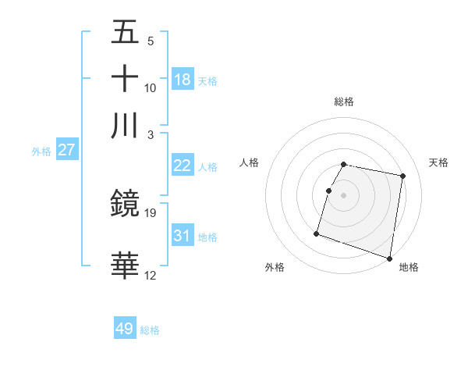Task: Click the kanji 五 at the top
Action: (126, 32)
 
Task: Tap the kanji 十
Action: (126, 79)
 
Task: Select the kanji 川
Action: (126, 126)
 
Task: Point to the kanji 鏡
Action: (126, 204)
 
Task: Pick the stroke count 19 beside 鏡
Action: (151, 212)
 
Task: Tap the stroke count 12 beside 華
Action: (151, 275)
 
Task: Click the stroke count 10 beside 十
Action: (151, 87)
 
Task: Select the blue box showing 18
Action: (183, 79)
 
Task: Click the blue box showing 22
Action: (183, 165)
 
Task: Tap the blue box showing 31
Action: (183, 235)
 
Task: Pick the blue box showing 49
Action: (125, 329)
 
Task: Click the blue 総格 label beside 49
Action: (150, 330)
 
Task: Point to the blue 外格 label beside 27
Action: (41, 151)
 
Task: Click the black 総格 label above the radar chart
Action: (344, 102)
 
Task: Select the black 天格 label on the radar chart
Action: (439, 162)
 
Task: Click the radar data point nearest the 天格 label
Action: (402, 176)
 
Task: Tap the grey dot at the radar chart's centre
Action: (344, 194)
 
